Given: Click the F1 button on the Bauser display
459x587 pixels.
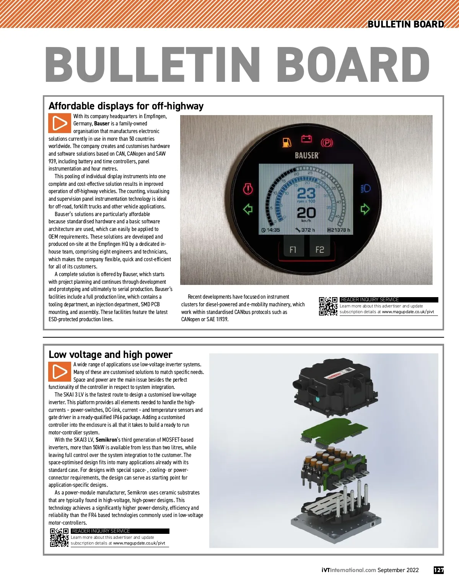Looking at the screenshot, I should [x=293, y=249].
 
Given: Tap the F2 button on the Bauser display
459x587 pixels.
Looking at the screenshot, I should [x=319, y=249].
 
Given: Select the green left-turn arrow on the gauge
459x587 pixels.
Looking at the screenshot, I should [x=248, y=209].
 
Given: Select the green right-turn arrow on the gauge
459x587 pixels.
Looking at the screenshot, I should [x=365, y=209].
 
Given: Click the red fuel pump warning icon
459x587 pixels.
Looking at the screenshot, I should [x=287, y=143].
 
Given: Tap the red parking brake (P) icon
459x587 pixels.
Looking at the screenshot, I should [x=327, y=143].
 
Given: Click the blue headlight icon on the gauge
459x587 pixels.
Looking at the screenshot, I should [x=366, y=188].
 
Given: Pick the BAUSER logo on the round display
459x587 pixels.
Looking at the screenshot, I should [x=307, y=155].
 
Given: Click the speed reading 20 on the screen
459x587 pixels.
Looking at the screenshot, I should [x=306, y=213].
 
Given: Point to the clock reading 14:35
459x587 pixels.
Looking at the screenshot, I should [x=271, y=230].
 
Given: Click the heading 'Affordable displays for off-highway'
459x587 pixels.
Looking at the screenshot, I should [x=126, y=106].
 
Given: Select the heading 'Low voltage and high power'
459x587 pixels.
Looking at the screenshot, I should [x=111, y=354].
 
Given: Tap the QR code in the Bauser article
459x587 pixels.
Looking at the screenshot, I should [x=328, y=306].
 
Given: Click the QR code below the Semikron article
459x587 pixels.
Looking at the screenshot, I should [x=59, y=537].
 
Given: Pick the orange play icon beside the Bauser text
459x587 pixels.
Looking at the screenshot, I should [x=59, y=123].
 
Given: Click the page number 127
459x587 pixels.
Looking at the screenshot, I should [x=438, y=570].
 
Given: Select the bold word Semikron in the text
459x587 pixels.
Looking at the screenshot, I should [x=106, y=440].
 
